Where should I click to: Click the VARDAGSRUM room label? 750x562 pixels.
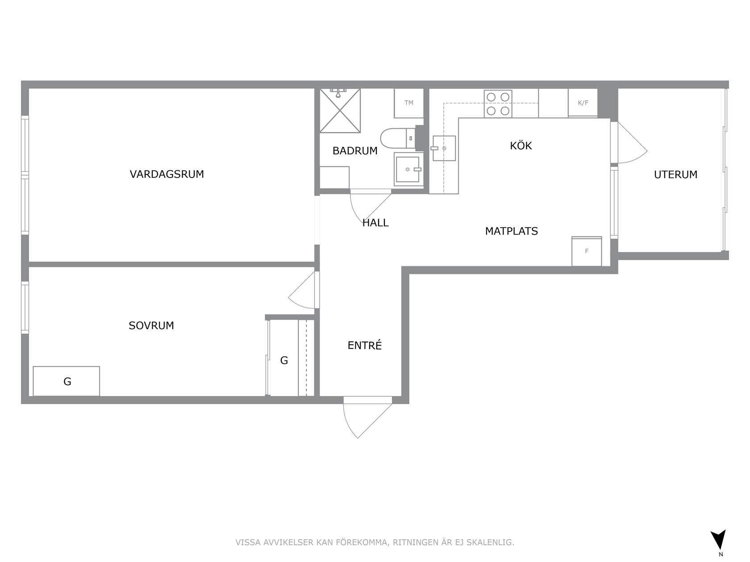click(167, 174)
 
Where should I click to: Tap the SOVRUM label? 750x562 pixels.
click(151, 326)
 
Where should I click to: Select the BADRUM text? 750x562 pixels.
click(355, 151)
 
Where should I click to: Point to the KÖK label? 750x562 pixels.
click(521, 145)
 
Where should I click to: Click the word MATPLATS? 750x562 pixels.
click(512, 231)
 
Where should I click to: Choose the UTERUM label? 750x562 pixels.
click(675, 175)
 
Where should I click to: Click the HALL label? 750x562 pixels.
click(375, 223)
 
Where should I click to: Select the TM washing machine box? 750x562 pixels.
click(408, 103)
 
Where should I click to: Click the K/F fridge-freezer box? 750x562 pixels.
click(583, 103)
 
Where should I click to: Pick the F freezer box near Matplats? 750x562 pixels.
click(587, 251)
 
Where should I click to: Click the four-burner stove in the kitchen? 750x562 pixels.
click(498, 104)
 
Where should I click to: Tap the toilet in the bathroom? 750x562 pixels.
click(398, 138)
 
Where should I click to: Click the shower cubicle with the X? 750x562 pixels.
click(340, 111)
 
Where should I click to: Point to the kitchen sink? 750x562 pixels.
click(443, 148)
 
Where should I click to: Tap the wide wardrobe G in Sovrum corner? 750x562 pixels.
click(67, 381)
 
